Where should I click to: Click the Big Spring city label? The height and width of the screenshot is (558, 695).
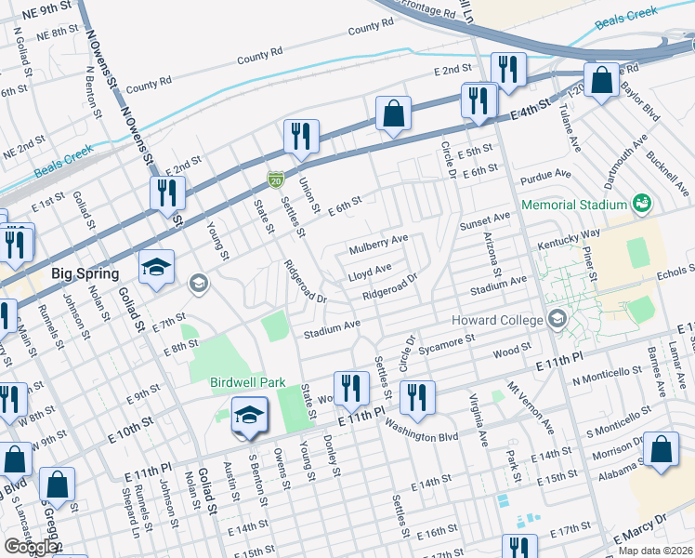[85, 274]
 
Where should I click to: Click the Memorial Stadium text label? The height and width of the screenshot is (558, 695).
[574, 205]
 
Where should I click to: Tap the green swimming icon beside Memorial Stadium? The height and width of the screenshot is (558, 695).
[640, 204]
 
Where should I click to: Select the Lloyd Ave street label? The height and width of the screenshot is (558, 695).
[370, 274]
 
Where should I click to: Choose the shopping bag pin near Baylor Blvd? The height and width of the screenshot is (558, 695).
[602, 80]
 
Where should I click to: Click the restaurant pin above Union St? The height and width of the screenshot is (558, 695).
[301, 136]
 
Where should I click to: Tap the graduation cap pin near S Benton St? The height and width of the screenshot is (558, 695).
[249, 415]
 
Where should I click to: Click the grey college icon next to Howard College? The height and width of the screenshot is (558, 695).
[557, 319]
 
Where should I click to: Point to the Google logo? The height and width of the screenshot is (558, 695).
[31, 548]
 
